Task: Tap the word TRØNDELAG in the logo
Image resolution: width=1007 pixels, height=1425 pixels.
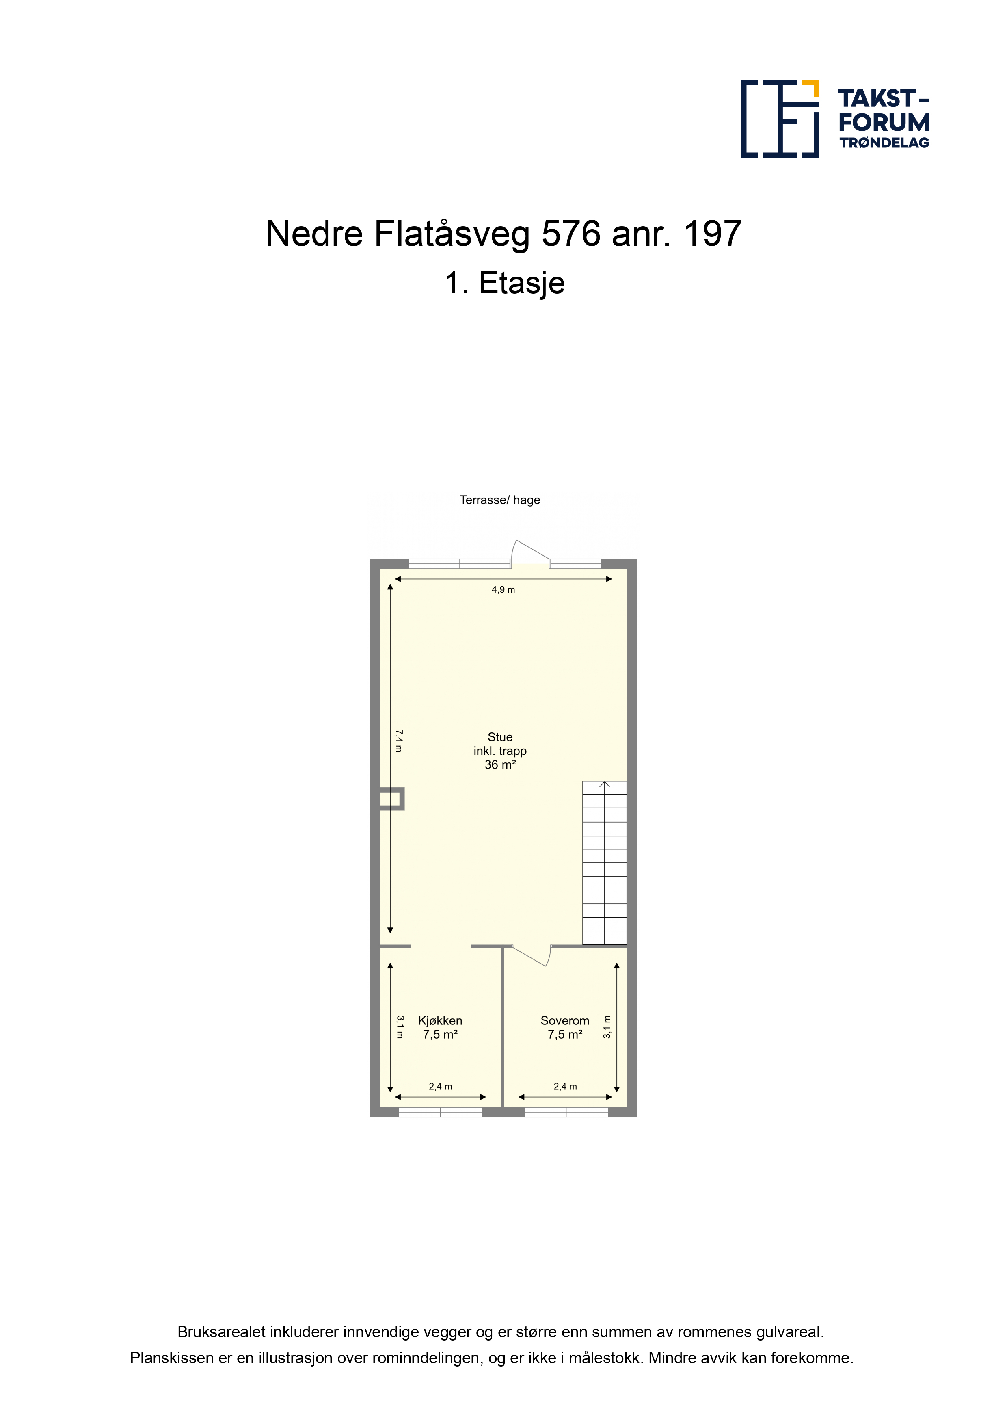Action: (884, 143)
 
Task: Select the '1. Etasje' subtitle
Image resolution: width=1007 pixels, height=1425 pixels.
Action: (504, 284)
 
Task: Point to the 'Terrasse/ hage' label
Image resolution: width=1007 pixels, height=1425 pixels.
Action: (499, 500)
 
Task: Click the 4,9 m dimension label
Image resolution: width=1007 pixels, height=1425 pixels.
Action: (503, 589)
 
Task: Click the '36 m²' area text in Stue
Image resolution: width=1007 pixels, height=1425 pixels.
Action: (500, 764)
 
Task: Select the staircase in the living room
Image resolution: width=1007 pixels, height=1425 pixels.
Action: (604, 863)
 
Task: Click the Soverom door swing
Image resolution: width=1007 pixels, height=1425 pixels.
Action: (532, 956)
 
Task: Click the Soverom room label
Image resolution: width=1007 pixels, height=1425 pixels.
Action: (565, 1020)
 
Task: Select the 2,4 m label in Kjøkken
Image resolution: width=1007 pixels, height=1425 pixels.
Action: (441, 1087)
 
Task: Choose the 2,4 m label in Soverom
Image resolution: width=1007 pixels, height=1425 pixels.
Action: (565, 1087)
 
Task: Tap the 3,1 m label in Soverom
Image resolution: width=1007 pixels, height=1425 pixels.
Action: (607, 1027)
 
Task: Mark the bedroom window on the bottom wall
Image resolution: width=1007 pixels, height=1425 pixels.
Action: (566, 1112)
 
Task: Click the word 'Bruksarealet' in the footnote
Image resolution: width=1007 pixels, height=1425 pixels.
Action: (221, 1332)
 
